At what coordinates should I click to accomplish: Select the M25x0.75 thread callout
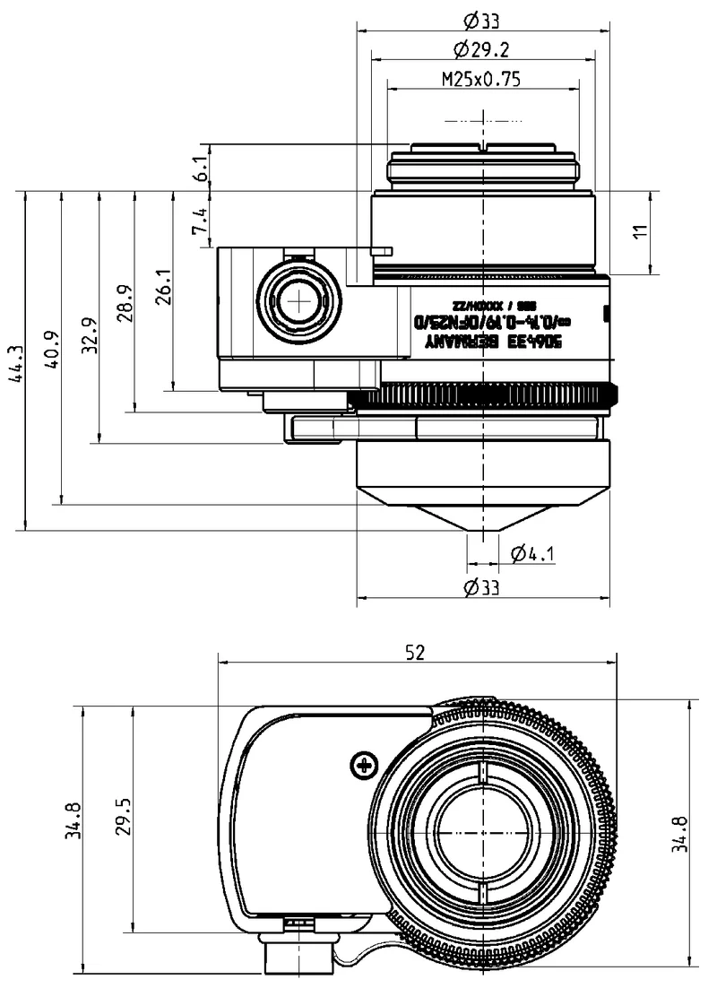[481, 79]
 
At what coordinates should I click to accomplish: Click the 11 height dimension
[639, 232]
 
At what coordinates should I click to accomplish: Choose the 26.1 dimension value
[162, 286]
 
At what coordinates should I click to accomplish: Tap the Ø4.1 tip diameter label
[532, 554]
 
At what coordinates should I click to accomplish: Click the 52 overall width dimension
[414, 653]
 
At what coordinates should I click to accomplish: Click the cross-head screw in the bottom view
[364, 765]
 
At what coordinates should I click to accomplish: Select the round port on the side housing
[298, 303]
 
